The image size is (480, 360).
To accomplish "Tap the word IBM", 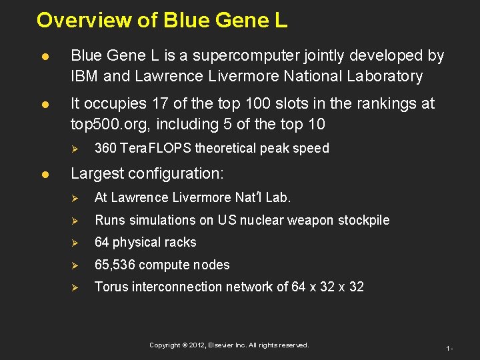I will point(85,77).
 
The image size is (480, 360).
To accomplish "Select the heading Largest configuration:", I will point(147,174).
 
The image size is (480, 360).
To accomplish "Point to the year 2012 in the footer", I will point(197,345).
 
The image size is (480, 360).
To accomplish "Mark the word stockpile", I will point(364,220).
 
